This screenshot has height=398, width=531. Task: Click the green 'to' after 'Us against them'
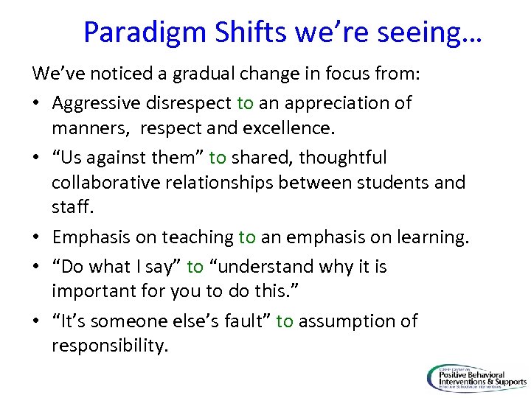[218, 157]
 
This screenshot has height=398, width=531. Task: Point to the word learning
[429, 238]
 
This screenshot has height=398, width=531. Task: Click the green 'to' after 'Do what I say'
[195, 266]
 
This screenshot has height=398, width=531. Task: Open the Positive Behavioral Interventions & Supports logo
[476, 378]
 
